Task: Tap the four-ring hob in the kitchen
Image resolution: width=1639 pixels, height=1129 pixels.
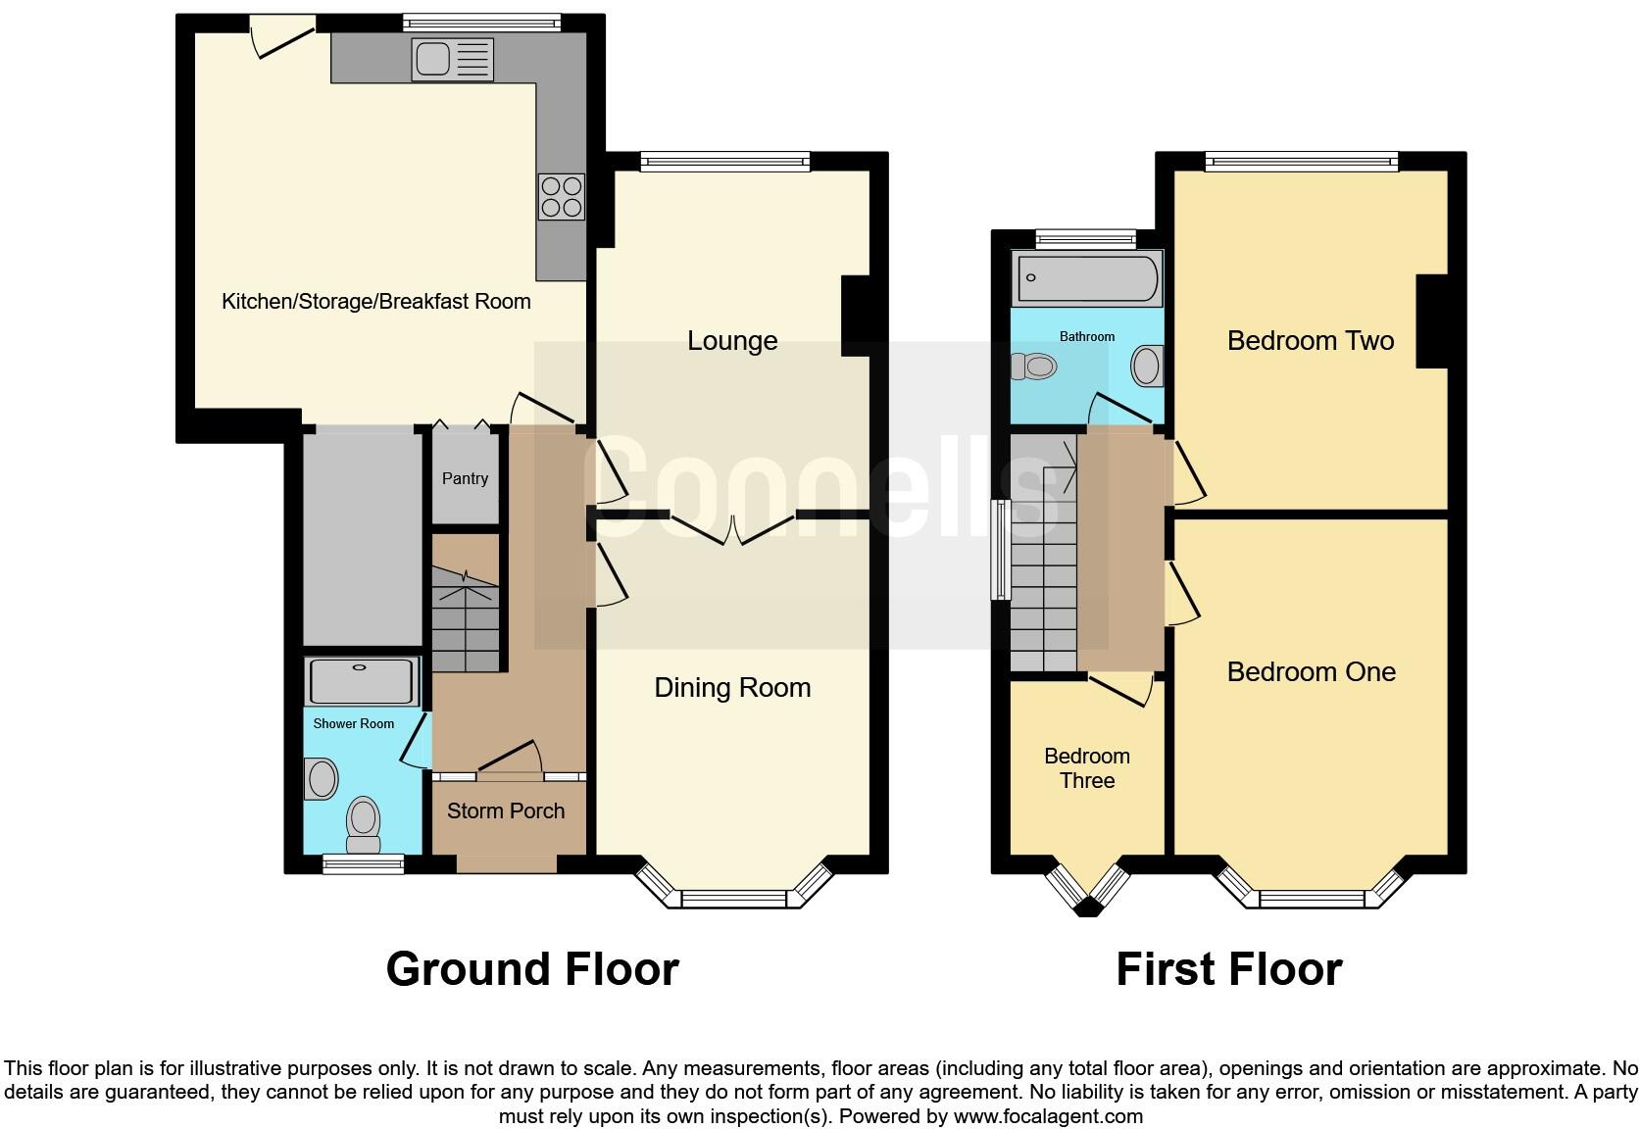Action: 561,197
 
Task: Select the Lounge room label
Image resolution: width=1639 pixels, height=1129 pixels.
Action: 731,340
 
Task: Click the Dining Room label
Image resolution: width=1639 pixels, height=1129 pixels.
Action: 731,687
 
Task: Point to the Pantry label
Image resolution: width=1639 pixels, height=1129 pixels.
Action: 465,478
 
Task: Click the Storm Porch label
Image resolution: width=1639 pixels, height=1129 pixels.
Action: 506,810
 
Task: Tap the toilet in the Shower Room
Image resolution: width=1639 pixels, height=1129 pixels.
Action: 364,824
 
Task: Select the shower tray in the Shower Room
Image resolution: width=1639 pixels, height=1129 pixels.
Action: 361,681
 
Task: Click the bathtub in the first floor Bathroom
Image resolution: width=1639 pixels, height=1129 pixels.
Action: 1086,277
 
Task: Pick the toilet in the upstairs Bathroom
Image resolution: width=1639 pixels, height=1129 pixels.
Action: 1035,367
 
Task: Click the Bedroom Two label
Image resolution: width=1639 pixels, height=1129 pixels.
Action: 1310,340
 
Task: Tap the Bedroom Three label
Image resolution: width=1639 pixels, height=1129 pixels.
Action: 1086,768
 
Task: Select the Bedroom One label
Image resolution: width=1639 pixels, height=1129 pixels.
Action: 1311,671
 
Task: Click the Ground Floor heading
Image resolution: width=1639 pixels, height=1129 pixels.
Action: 531,969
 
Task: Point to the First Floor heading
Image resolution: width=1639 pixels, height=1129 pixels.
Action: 1228,969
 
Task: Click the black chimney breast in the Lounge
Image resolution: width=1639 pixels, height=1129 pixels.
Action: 855,316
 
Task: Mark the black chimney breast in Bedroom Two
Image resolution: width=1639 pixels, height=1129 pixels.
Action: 1431,321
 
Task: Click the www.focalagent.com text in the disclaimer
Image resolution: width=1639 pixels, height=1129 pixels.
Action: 1047,1116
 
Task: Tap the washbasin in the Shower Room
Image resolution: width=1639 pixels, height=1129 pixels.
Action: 322,780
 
